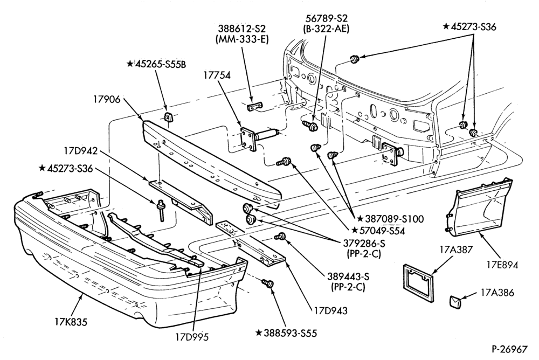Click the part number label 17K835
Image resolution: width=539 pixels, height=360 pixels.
pyautogui.click(x=71, y=322)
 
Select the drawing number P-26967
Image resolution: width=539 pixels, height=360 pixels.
pyautogui.click(x=509, y=349)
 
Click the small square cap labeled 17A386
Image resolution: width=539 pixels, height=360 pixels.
pyautogui.click(x=454, y=302)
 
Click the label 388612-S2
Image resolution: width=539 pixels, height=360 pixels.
pyautogui.click(x=243, y=28)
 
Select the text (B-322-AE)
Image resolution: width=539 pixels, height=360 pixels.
pyautogui.click(x=326, y=29)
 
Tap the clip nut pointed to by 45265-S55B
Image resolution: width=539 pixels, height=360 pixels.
pyautogui.click(x=168, y=116)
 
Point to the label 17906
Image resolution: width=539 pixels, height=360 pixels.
pyautogui.click(x=107, y=99)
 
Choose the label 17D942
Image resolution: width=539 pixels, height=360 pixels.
pyautogui.click(x=80, y=151)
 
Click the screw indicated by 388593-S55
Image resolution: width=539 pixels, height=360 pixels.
pyautogui.click(x=267, y=283)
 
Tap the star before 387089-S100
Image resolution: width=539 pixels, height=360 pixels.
pyautogui.click(x=360, y=219)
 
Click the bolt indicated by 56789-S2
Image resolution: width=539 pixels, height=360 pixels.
pyautogui.click(x=310, y=125)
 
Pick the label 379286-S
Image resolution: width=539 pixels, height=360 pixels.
pyautogui.click(x=364, y=244)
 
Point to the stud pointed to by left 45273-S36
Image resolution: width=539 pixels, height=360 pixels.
pyautogui.click(x=160, y=210)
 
